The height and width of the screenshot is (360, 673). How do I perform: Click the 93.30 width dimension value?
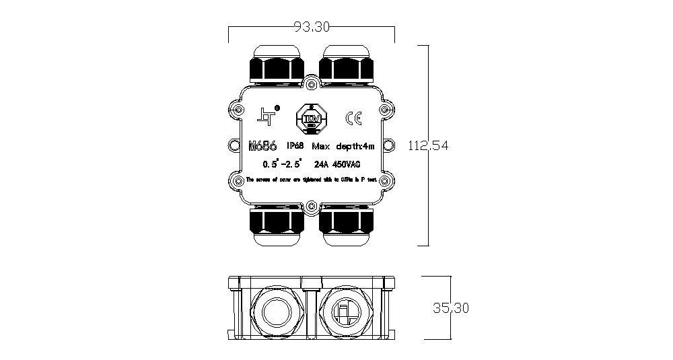pos(312,27)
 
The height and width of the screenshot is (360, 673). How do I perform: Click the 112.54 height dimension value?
pos(429,145)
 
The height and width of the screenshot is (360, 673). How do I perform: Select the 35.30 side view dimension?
pos(450,308)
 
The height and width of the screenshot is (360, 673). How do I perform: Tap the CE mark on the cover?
pos(353,118)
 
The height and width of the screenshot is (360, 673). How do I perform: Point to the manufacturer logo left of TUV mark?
pos(267,116)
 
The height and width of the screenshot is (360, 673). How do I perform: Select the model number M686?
pos(263,145)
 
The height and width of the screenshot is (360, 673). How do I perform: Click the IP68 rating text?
pos(296,145)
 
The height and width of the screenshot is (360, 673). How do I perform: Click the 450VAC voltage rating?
pos(347,164)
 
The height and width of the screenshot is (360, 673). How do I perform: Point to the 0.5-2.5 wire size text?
pos(282,164)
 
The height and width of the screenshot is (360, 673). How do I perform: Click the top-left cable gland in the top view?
pos(275,65)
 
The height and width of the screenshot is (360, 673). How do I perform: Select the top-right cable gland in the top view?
pos(345,65)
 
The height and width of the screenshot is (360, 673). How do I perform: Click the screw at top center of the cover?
pos(310,83)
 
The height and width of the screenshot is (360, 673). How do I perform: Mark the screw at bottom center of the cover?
pos(310,207)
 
